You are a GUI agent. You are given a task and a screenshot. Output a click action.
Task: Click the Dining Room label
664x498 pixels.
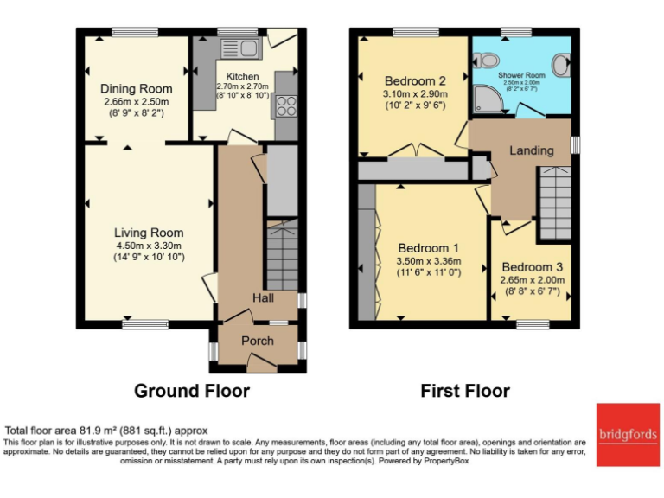136,88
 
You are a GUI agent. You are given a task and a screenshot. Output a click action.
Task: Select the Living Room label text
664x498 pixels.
149,233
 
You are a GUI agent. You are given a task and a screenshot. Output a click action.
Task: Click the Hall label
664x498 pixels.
263,297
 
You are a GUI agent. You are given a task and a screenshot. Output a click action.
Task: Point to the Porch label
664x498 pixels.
257,341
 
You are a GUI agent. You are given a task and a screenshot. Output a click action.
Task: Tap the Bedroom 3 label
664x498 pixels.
532,266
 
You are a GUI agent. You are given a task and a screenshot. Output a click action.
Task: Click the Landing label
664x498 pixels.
531,150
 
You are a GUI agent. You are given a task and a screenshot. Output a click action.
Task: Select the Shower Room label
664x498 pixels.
523,74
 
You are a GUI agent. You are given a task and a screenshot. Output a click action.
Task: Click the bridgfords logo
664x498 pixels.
627,434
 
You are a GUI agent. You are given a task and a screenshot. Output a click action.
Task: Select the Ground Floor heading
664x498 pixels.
191,391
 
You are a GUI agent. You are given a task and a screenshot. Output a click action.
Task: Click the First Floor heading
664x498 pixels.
464,391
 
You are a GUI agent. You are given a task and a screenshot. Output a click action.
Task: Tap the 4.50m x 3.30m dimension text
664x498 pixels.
149,245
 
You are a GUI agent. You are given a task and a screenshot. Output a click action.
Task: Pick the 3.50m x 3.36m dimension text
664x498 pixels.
429,261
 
